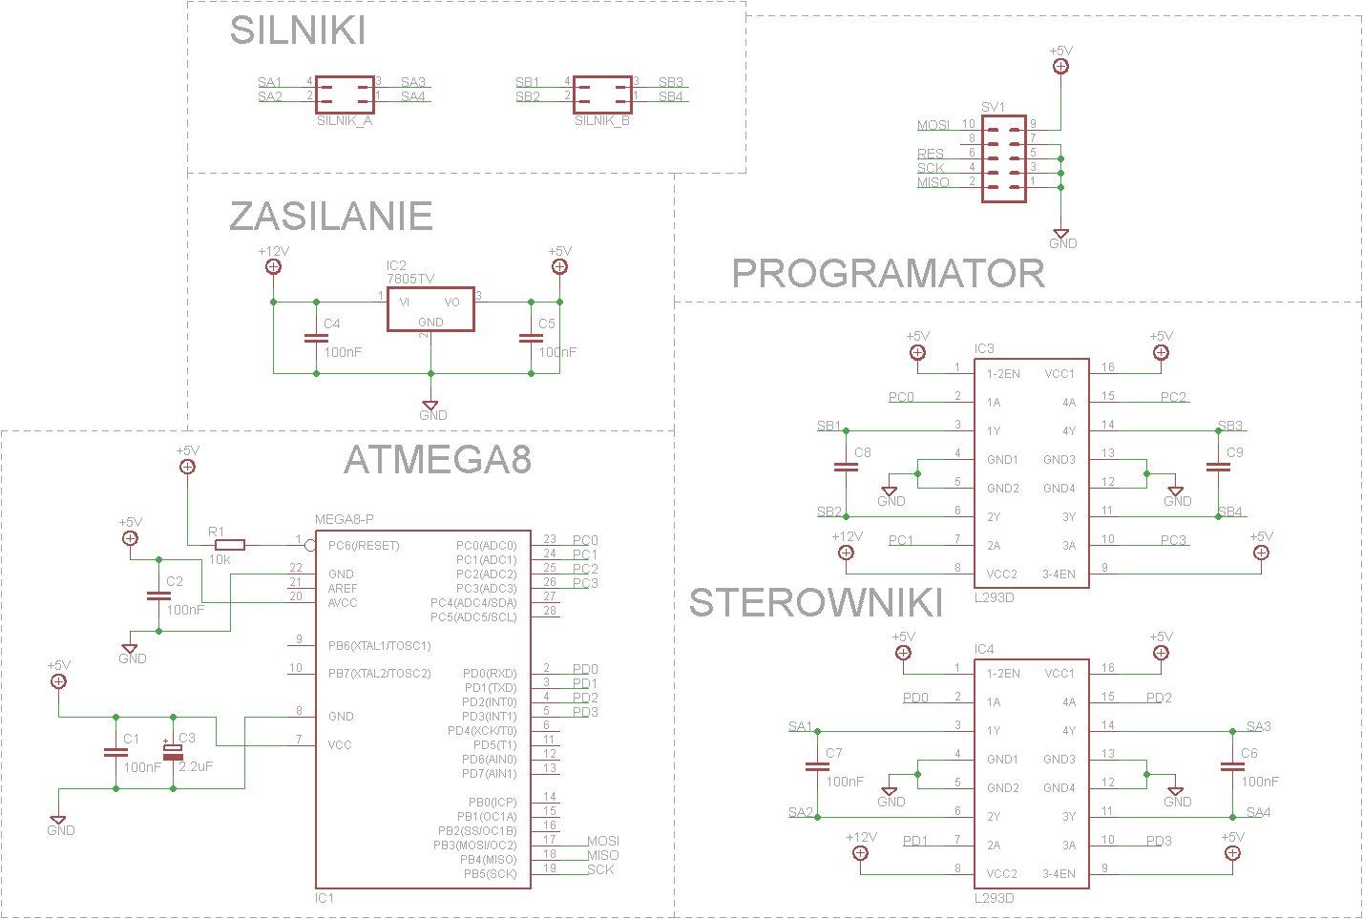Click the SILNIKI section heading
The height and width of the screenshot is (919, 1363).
pyautogui.click(x=298, y=30)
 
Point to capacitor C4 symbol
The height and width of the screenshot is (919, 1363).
pyautogui.click(x=317, y=338)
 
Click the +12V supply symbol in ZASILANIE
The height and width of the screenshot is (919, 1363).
pyautogui.click(x=273, y=266)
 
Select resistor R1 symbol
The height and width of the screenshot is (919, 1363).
pyautogui.click(x=230, y=545)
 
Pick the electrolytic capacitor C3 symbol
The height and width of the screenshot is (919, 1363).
pyautogui.click(x=173, y=752)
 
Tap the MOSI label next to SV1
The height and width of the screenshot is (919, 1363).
pyautogui.click(x=933, y=125)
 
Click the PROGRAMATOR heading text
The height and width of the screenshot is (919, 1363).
pyautogui.click(x=888, y=273)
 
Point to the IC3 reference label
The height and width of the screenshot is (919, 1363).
pyautogui.click(x=984, y=348)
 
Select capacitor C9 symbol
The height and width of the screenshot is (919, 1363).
pyautogui.click(x=1218, y=467)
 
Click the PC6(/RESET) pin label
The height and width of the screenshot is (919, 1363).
pyautogui.click(x=364, y=546)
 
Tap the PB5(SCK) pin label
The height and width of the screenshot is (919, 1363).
pyautogui.click(x=490, y=874)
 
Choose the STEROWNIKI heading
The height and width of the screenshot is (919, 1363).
pyautogui.click(x=815, y=603)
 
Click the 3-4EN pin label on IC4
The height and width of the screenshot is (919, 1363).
pyautogui.click(x=1059, y=874)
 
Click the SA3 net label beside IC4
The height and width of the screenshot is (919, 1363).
pyautogui.click(x=1258, y=726)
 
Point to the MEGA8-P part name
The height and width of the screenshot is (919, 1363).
pyautogui.click(x=345, y=519)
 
